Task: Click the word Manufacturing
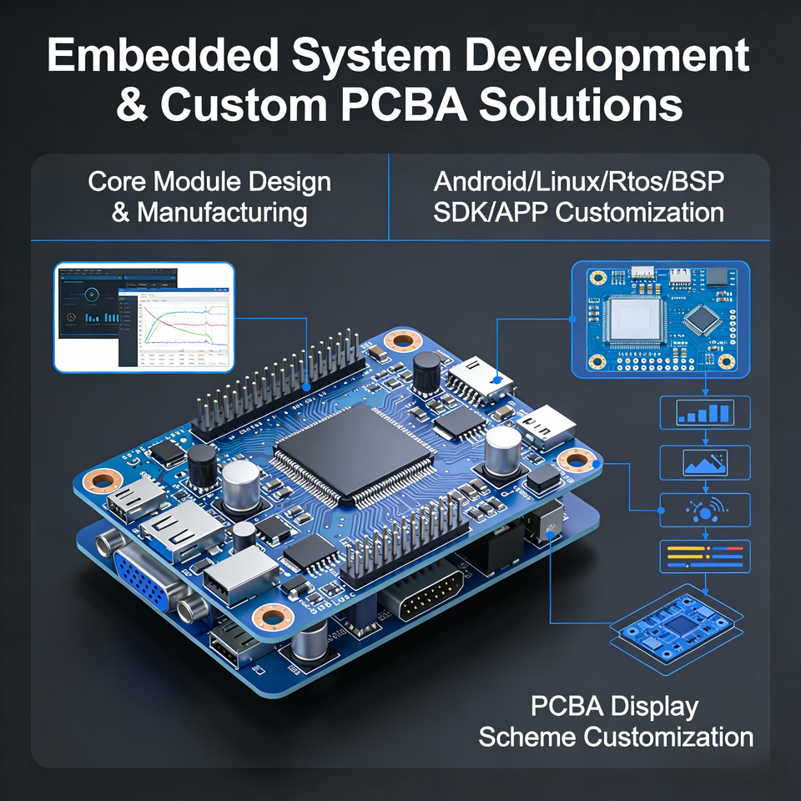coord(222,211)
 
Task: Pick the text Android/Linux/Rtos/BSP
coord(578,181)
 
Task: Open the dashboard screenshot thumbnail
coord(144,316)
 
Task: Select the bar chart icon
coord(705,412)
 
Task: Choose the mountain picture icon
coord(705,461)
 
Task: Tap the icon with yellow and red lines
coord(705,556)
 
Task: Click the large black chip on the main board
coord(354,451)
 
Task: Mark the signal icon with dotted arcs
coord(705,509)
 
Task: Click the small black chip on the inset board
coord(703,318)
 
